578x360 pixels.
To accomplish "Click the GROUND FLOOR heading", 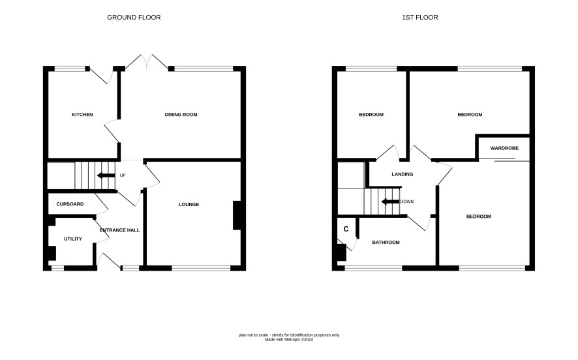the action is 134,18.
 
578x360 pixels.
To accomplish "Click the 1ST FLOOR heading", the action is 420,18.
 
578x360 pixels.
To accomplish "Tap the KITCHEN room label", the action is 82,115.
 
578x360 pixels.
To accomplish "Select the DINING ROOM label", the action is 181,115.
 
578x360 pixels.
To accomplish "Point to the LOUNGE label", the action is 189,205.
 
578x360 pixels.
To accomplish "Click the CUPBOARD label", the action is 70,204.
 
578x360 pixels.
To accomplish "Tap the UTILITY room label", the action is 73,239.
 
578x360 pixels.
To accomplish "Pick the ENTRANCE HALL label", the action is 119,230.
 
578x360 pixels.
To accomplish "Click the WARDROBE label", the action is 504,148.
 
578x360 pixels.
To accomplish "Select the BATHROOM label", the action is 386,243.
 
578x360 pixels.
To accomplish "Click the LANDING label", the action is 402,174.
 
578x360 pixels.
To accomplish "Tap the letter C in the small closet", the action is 346,229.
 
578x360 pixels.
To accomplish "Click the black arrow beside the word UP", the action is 106,175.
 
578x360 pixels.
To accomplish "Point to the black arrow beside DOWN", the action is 390,202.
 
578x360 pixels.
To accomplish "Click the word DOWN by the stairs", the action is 407,202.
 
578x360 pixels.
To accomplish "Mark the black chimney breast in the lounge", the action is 237,216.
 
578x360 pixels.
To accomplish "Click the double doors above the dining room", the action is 147,61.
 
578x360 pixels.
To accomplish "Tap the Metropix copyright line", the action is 288,340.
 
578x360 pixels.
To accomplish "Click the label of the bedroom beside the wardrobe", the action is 470,115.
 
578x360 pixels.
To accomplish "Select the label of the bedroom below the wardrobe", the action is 479,217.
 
